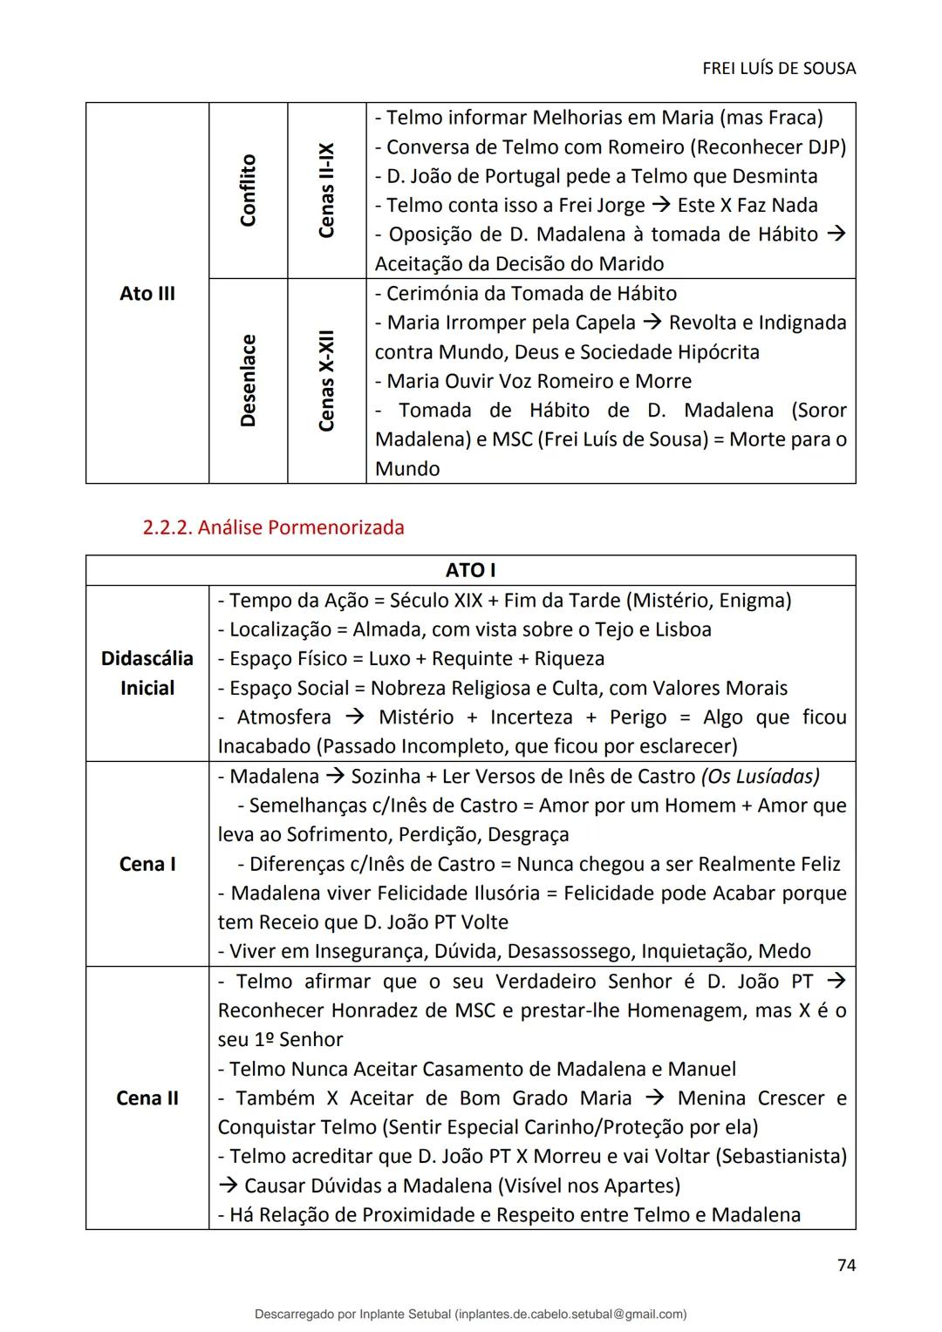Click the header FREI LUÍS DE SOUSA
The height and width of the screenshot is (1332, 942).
pyautogui.click(x=778, y=68)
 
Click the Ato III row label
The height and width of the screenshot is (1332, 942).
pyautogui.click(x=147, y=294)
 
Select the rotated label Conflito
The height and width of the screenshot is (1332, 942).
pyautogui.click(x=249, y=190)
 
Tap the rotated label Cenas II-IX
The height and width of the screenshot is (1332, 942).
pyautogui.click(x=327, y=190)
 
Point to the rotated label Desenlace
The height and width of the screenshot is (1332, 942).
pyautogui.click(x=249, y=380)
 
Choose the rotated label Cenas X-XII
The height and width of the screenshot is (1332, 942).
pyautogui.click(x=327, y=380)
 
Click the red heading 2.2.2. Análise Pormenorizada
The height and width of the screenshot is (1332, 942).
pyautogui.click(x=273, y=527)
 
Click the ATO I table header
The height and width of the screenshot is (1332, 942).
pyautogui.click(x=470, y=570)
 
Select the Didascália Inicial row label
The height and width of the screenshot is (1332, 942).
pyautogui.click(x=147, y=673)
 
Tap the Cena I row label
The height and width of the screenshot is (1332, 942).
pyautogui.click(x=147, y=864)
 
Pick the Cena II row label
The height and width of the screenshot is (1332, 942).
pyautogui.click(x=147, y=1098)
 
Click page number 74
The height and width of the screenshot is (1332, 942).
pyautogui.click(x=845, y=1265)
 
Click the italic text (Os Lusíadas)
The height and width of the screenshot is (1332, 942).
pyautogui.click(x=760, y=776)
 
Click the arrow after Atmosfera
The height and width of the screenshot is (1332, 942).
pyautogui.click(x=354, y=717)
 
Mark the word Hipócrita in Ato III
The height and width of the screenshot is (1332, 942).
pyautogui.click(x=713, y=352)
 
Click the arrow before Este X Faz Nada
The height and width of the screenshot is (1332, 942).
pyautogui.click(x=660, y=206)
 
